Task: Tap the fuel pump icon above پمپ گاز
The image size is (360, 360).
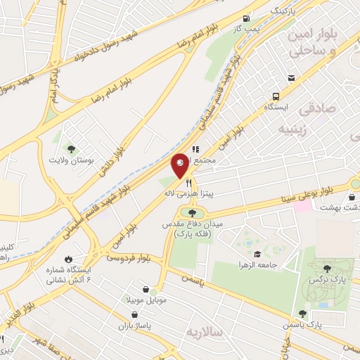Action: click(x=245, y=19)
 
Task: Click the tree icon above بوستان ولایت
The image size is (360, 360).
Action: click(x=71, y=148)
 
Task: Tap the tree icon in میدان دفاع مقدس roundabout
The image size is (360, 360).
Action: click(x=189, y=212)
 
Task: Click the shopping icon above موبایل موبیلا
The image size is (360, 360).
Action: click(x=146, y=289)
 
